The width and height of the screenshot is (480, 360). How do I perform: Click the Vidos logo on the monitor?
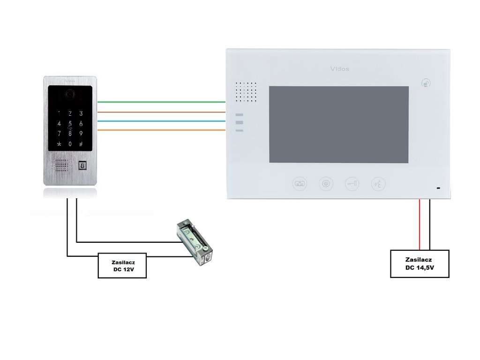[339, 69]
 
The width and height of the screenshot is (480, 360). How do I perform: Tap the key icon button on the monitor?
[352, 184]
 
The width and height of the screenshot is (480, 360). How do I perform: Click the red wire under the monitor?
[420, 225]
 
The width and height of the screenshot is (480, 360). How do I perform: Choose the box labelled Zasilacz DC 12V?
[122, 266]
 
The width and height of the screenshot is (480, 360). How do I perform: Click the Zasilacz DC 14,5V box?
[420, 264]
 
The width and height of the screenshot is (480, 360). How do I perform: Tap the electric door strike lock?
[195, 243]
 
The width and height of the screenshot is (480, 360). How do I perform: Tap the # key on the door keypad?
[81, 144]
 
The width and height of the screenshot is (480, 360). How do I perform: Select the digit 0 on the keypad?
[70, 144]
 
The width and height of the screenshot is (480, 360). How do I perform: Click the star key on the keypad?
[59, 144]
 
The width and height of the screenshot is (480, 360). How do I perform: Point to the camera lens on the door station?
[70, 94]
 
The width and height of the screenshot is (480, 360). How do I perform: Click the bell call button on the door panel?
[82, 165]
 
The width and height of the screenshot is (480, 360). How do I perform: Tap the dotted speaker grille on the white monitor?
[246, 92]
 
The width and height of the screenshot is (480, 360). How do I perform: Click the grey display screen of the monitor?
[338, 124]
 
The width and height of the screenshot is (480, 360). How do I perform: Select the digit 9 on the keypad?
[81, 134]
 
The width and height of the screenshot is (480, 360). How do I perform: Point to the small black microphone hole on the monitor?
[438, 188]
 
